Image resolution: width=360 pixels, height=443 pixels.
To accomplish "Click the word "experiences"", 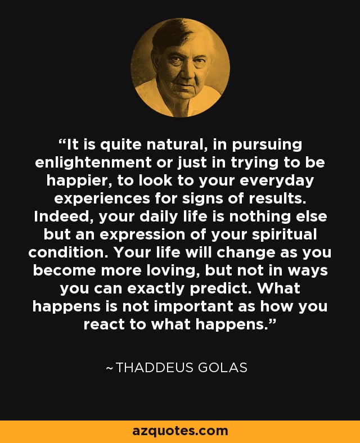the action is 102,200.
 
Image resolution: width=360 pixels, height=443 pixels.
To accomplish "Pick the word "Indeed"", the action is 62,216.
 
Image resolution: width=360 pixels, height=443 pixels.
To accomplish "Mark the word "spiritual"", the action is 284,236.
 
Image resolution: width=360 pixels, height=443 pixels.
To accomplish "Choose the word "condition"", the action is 68,252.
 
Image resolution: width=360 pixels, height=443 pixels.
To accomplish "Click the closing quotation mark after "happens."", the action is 272,322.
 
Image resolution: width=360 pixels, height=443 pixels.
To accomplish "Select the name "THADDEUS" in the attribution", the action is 154,368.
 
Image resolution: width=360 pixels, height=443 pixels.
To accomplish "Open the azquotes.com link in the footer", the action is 180,431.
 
